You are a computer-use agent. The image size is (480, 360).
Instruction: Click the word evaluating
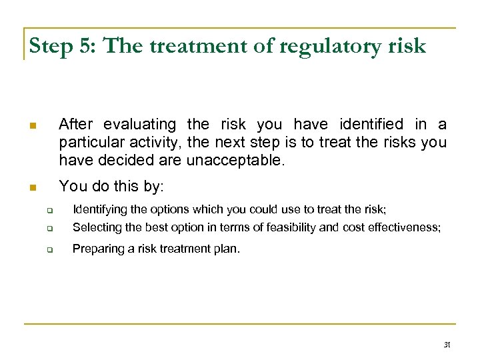tap(140, 125)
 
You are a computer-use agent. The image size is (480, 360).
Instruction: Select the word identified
tap(371, 125)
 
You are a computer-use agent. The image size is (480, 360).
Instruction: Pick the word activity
tap(156, 143)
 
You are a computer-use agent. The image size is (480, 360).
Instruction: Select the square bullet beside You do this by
tap(31, 188)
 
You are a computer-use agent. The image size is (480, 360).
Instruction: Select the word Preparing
tap(96, 249)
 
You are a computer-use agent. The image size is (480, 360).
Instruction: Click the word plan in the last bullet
tap(227, 249)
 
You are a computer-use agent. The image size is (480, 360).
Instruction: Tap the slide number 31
tap(447, 345)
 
